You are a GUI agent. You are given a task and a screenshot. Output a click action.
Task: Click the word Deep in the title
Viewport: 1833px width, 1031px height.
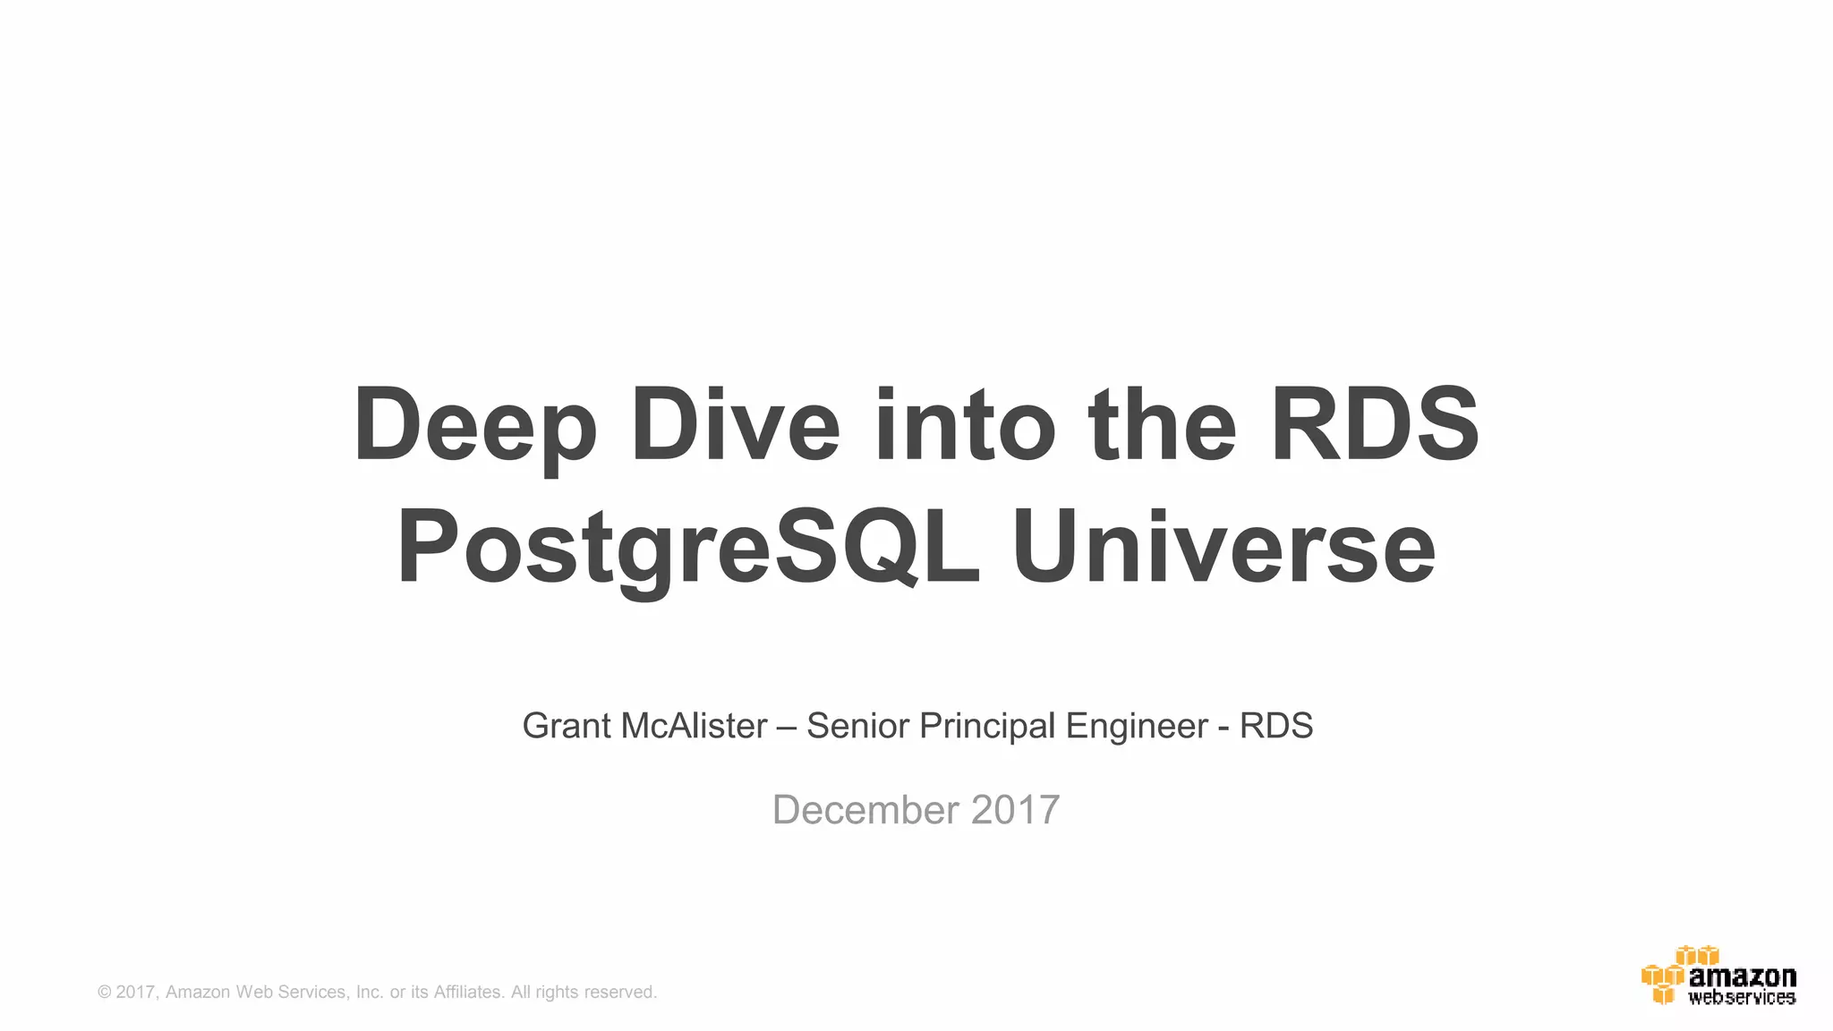[x=475, y=425]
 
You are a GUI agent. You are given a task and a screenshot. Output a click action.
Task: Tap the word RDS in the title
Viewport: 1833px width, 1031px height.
[x=1375, y=425]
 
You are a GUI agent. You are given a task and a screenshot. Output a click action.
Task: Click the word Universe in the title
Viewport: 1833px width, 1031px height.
[x=1223, y=547]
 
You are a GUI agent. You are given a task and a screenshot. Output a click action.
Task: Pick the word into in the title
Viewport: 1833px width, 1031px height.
[x=966, y=425]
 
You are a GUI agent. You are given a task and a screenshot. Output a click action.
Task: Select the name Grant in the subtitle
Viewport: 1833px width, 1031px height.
[x=567, y=726]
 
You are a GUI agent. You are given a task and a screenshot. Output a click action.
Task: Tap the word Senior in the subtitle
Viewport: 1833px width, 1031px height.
[x=857, y=726]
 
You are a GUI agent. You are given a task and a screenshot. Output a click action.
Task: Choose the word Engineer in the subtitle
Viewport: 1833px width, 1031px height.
[x=1137, y=726]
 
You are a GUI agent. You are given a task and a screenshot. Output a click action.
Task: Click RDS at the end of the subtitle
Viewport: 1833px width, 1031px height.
[x=1276, y=726]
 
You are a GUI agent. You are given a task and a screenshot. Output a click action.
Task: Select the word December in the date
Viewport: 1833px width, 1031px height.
[x=865, y=810]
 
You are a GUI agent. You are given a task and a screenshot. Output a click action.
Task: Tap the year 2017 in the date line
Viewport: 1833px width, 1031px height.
[x=1016, y=810]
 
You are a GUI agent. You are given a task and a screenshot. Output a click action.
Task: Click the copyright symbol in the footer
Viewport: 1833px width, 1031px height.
[x=105, y=992]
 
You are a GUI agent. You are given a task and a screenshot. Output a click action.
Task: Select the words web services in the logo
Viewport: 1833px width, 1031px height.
[x=1742, y=997]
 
